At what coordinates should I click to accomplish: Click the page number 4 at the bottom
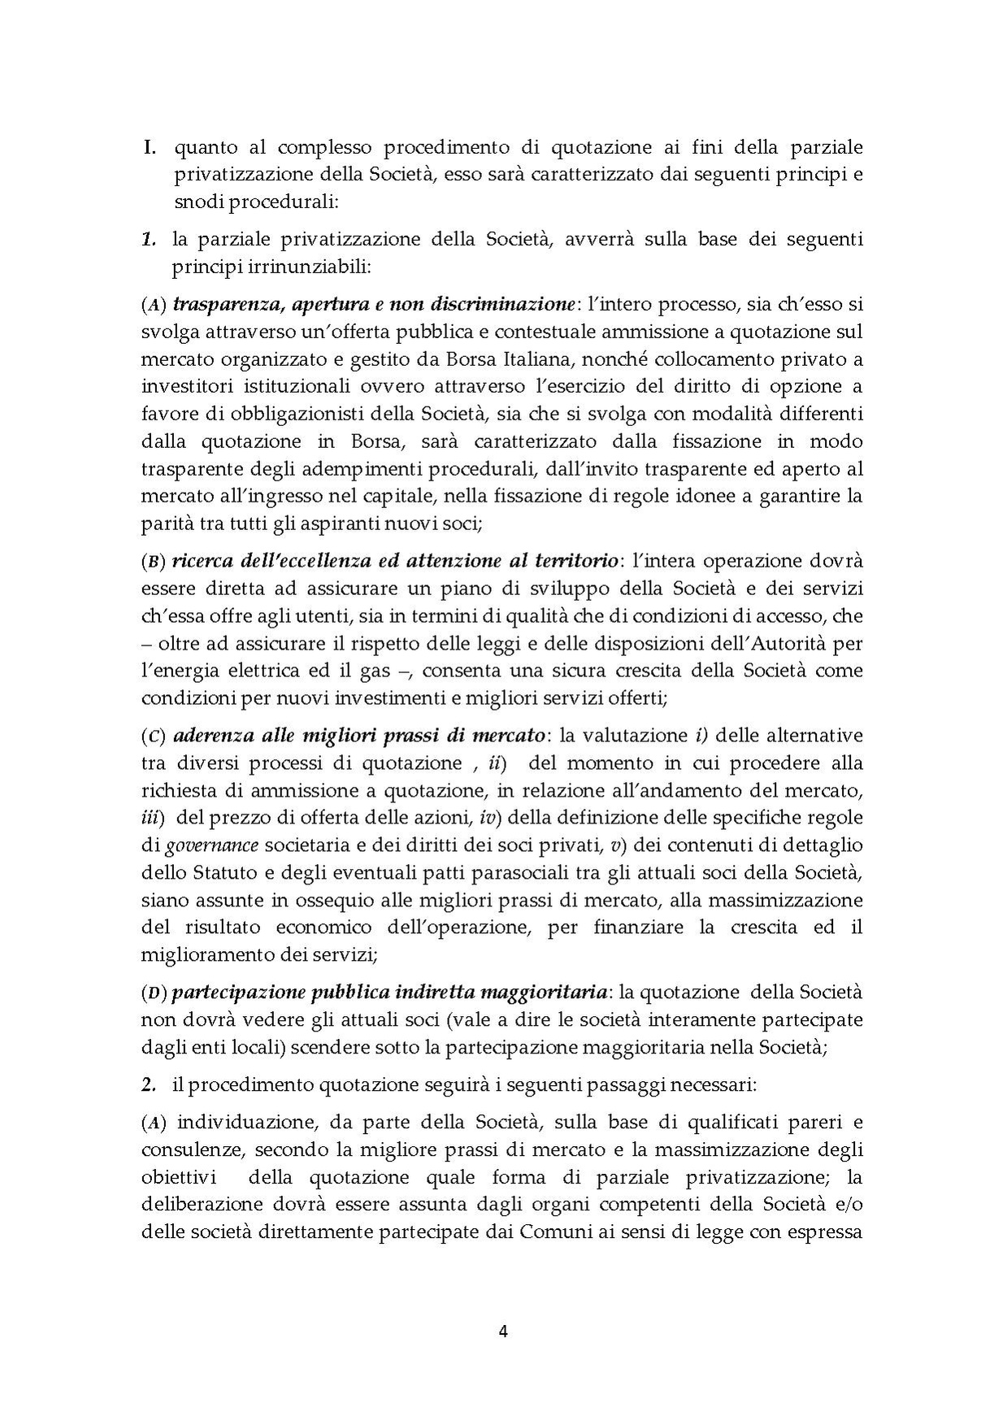[503, 1332]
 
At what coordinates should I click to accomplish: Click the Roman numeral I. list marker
[149, 148]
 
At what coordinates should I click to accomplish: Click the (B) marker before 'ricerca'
[154, 562]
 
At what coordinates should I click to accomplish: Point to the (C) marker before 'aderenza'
[154, 736]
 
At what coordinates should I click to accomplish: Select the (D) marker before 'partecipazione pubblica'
[154, 993]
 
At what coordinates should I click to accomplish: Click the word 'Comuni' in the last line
[551, 1232]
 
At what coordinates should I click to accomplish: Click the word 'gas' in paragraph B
[380, 671]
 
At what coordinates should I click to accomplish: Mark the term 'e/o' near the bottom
[848, 1205]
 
